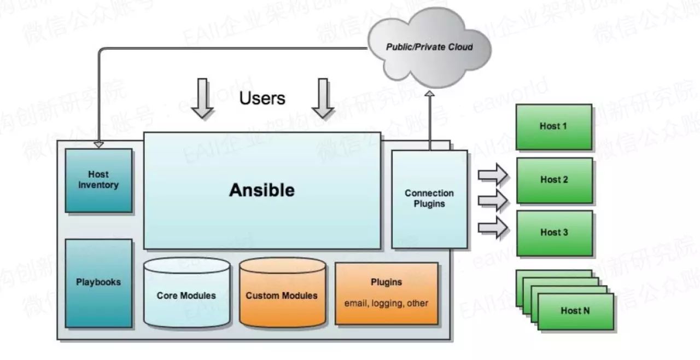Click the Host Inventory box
(98, 180)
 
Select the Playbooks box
(98, 282)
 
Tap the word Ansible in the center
(261, 190)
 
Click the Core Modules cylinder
(186, 295)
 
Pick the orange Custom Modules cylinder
(282, 295)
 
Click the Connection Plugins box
(429, 199)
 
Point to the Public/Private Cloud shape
(429, 47)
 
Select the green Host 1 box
(553, 126)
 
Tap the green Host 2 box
(553, 179)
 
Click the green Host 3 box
(553, 233)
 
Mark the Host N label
(575, 311)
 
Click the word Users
(262, 98)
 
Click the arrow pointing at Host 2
(493, 200)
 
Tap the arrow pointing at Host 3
(493, 227)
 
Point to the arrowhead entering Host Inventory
(98, 145)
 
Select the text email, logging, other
(386, 303)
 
